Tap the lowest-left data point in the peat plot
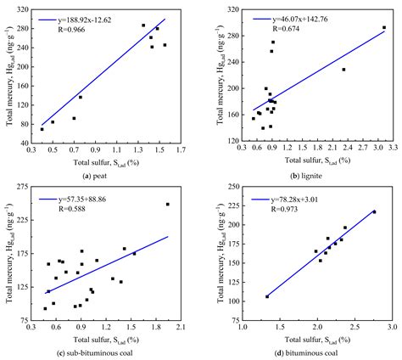point(42,129)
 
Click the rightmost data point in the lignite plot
point(384,27)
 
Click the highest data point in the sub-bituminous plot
point(167,204)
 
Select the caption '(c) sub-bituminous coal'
point(106,353)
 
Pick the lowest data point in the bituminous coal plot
point(267,296)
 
